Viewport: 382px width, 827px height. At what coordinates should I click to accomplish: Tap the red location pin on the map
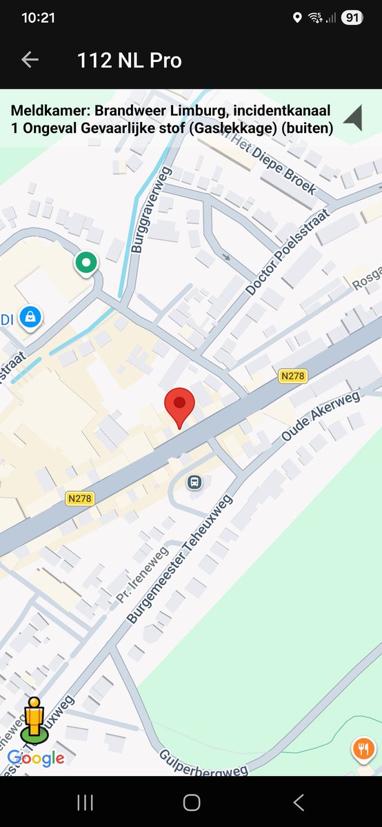pos(179,405)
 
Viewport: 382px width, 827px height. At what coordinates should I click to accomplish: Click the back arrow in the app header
pos(30,60)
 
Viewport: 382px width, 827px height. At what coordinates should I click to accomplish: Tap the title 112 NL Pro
pos(130,61)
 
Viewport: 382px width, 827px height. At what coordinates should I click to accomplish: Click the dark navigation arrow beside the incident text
pos(353,118)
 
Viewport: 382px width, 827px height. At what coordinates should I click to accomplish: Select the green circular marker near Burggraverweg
pos(86,263)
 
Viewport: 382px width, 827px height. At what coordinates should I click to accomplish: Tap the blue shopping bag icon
pos(30,317)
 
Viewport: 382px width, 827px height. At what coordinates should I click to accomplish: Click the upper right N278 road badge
pos(293,376)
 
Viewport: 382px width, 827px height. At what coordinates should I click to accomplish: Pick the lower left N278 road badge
pos(81,498)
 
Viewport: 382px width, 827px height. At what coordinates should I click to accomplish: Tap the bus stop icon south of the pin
pos(195,482)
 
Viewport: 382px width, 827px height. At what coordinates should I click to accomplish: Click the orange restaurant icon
pos(363,749)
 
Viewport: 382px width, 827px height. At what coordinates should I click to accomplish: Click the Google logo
pos(36,759)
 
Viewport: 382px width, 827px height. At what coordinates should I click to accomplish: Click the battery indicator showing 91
pos(352,18)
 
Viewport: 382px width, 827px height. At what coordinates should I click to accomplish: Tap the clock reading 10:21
pos(38,18)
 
